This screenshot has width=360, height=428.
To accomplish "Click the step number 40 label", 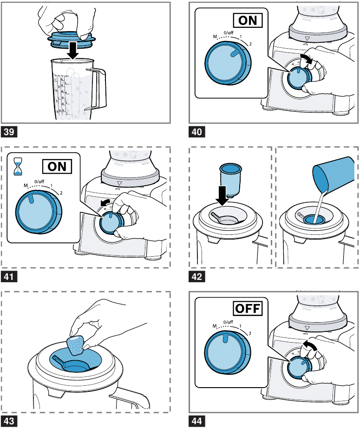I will point(197,132).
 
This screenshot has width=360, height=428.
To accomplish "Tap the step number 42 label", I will point(197,277).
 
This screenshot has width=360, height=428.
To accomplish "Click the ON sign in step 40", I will point(247,21).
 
